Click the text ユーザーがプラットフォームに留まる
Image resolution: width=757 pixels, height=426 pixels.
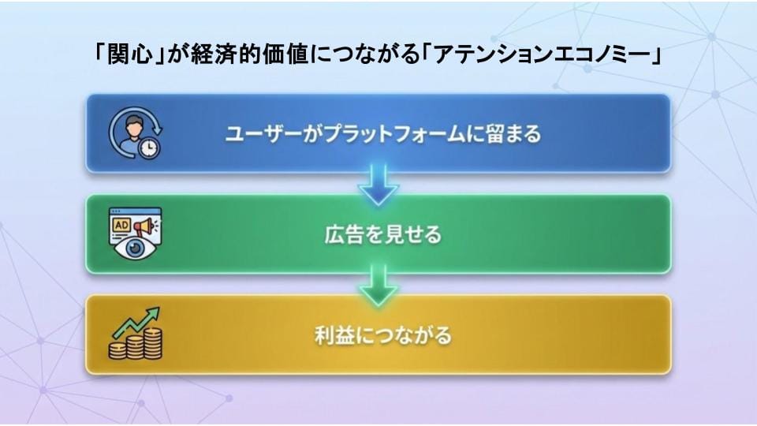point(383,134)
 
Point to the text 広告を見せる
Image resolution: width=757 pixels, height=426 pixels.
point(383,235)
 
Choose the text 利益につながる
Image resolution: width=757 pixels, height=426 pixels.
point(383,335)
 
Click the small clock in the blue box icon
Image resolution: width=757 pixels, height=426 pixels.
point(147,148)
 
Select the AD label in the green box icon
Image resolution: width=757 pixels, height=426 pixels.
point(121,224)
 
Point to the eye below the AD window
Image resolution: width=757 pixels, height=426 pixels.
point(133,249)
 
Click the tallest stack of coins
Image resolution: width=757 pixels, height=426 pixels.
point(152,343)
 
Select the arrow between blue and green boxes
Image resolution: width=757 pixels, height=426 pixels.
point(378,186)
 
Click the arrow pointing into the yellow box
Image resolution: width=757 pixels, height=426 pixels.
point(378,287)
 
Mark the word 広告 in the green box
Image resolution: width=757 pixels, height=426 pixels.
point(337,235)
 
